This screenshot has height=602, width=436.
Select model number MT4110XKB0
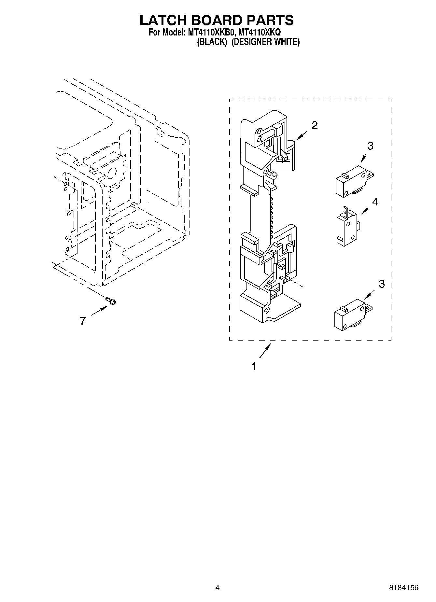pos(211,33)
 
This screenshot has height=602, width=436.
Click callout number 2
pos(315,125)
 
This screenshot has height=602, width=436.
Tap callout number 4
pos(375,202)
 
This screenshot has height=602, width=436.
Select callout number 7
pos(83,321)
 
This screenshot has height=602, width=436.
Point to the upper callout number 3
pos(370,146)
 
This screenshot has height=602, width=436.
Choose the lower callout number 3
pos(382,284)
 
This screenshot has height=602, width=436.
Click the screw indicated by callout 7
pos(111,301)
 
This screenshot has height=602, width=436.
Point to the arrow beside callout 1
pos(265,352)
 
